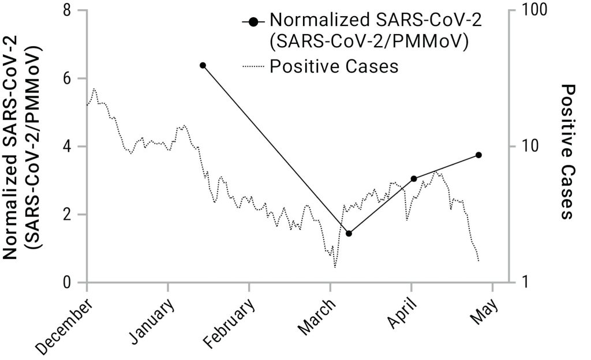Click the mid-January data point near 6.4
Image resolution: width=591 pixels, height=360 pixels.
pyautogui.click(x=203, y=65)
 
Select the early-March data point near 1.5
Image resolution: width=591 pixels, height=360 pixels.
pyautogui.click(x=349, y=233)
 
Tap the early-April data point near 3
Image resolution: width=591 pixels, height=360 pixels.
pyautogui.click(x=414, y=178)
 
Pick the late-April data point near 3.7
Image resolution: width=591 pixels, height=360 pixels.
pyautogui.click(x=478, y=155)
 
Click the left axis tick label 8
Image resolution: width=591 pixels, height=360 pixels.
pyautogui.click(x=68, y=10)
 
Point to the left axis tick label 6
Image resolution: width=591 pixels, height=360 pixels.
pyautogui.click(x=68, y=78)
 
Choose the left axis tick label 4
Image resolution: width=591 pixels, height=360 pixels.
pyautogui.click(x=68, y=147)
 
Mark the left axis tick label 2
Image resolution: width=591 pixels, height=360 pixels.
pyautogui.click(x=68, y=215)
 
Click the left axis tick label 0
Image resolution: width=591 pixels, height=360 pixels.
pyautogui.click(x=68, y=283)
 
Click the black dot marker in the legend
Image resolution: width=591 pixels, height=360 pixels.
pyautogui.click(x=252, y=21)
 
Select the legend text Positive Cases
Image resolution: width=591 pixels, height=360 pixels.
pyautogui.click(x=334, y=66)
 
